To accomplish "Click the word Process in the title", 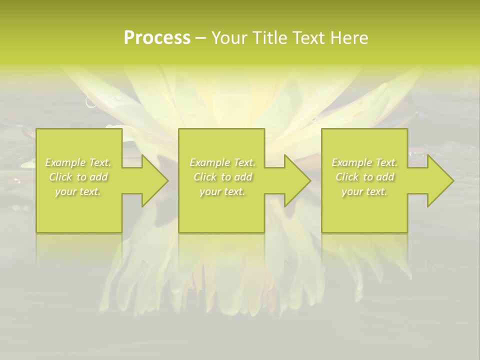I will [x=157, y=37].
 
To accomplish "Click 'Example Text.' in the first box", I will [x=78, y=162].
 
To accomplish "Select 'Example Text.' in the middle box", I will [x=222, y=162].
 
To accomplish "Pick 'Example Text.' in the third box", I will [x=364, y=162].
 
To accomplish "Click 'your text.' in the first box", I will [x=78, y=191].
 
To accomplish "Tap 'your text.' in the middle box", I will [x=222, y=191].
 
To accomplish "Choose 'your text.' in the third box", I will [x=364, y=191].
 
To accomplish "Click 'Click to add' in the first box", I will [x=78, y=177].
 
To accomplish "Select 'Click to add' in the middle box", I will [x=222, y=177].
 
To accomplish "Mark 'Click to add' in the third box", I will [x=364, y=177].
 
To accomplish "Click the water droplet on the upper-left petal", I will [x=91, y=102].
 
